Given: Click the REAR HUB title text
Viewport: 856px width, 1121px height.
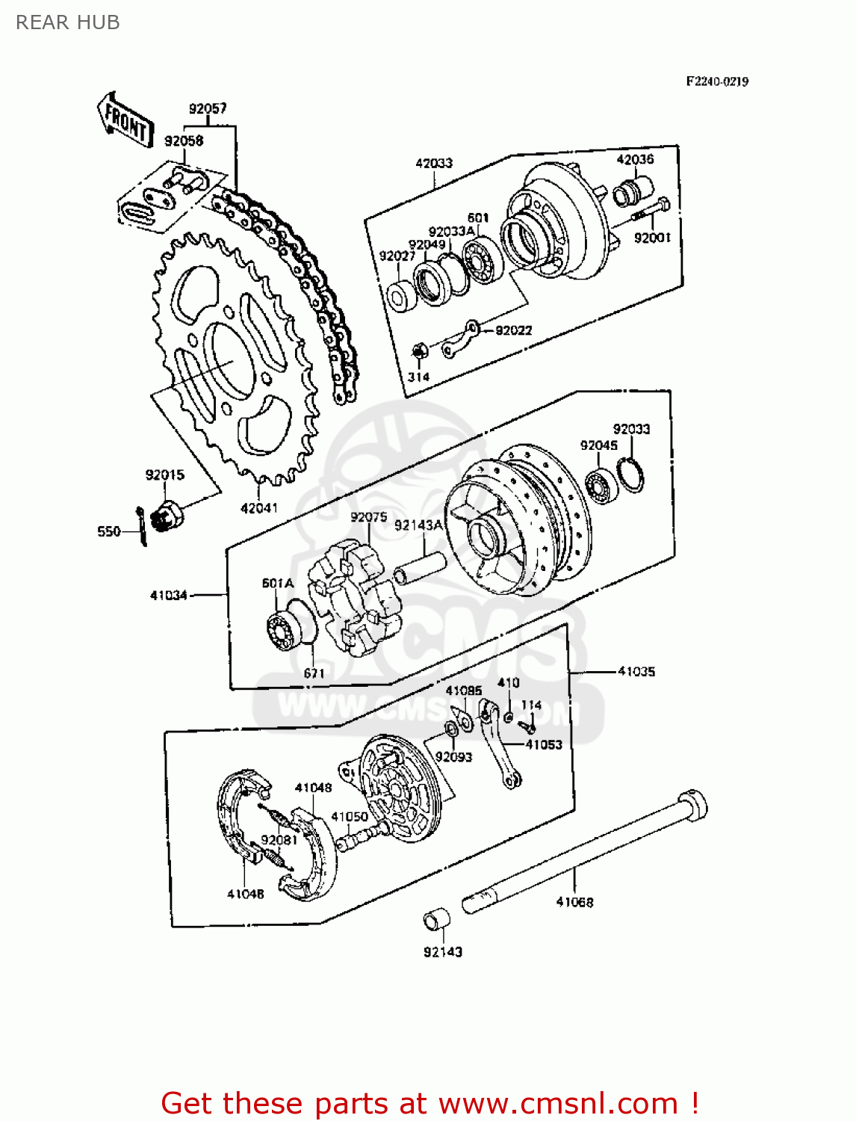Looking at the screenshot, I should pyautogui.click(x=67, y=22).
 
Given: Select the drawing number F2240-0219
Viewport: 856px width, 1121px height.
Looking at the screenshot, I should pyautogui.click(x=717, y=81).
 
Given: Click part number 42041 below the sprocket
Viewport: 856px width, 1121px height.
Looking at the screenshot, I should pyautogui.click(x=258, y=508).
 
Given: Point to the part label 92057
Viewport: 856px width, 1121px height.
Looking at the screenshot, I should pyautogui.click(x=208, y=108).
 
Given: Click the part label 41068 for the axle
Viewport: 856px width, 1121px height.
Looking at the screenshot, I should pyautogui.click(x=574, y=902).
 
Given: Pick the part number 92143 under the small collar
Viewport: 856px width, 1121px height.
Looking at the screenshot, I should pyautogui.click(x=443, y=951).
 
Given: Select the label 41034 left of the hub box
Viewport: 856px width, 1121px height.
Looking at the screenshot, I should pyautogui.click(x=168, y=596).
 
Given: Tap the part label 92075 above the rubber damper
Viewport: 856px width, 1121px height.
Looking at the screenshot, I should pyautogui.click(x=368, y=517).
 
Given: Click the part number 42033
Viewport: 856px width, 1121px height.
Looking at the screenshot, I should pyautogui.click(x=434, y=163).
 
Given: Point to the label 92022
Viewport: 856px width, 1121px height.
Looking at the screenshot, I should pyautogui.click(x=514, y=330).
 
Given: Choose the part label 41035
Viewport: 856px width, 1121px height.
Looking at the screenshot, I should pyautogui.click(x=636, y=671).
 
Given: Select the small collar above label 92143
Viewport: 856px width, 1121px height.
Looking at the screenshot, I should pyautogui.click(x=437, y=919).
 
